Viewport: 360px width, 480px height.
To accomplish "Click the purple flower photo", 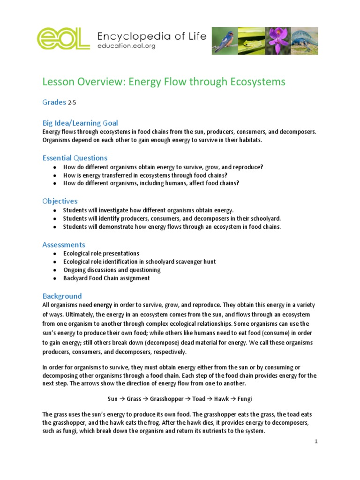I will tap(278, 40).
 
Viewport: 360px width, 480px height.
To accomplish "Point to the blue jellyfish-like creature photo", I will tap(305, 40).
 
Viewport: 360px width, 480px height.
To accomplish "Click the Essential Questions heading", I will tap(75, 158).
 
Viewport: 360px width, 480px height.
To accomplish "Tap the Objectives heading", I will tap(60, 201).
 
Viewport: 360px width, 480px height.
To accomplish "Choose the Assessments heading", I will tap(64, 245).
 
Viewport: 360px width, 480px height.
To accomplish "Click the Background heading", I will tap(62, 296).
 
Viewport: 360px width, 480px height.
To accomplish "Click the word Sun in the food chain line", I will tap(112, 399).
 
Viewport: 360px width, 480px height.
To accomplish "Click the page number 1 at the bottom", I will tap(316, 442).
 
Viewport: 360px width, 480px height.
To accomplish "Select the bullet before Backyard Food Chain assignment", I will tap(55, 278).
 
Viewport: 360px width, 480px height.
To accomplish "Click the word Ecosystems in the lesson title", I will tap(256, 82).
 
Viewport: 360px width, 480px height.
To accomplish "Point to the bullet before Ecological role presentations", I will tap(55, 253).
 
